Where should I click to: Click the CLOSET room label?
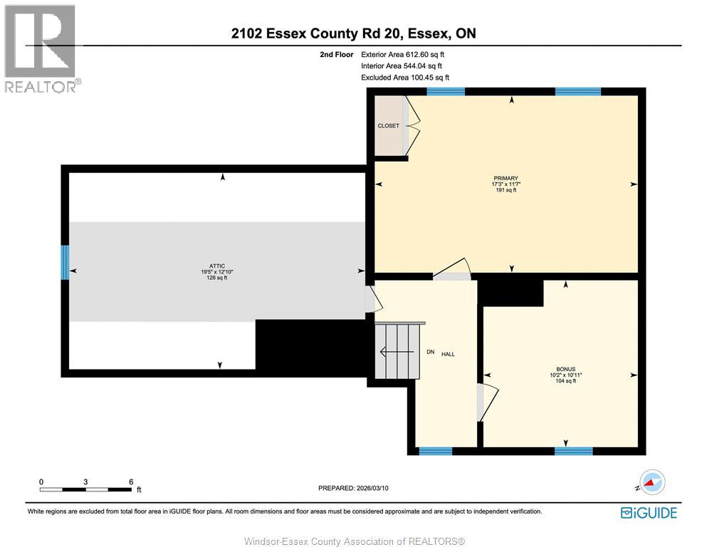point(388,126)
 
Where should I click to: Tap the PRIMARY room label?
point(506,179)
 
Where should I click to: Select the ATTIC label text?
point(218,266)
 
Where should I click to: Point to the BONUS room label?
point(566,369)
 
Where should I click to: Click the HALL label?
point(448,354)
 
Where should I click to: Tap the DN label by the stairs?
point(430,353)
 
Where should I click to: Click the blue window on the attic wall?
point(65,262)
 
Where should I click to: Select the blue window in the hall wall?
point(435,451)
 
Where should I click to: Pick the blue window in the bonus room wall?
point(573,451)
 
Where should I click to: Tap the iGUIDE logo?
point(649,513)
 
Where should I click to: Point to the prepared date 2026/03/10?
point(353,488)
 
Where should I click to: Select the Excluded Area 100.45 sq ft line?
point(405,78)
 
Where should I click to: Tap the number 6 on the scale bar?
point(131,481)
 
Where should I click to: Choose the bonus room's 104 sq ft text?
point(566,381)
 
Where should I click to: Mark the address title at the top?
point(353,33)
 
